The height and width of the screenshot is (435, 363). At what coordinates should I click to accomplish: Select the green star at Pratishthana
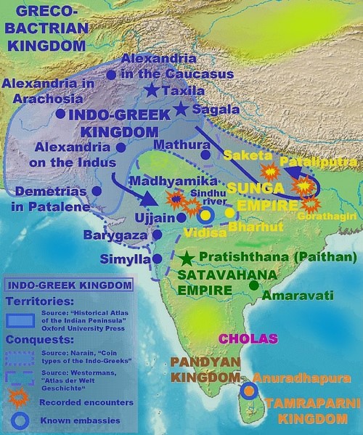[x=187, y=258]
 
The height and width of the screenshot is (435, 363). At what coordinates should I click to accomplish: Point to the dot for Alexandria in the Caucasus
[x=110, y=74]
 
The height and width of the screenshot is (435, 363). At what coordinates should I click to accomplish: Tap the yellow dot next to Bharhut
[x=231, y=214]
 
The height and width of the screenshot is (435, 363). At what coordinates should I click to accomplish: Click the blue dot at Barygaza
[x=158, y=235]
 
